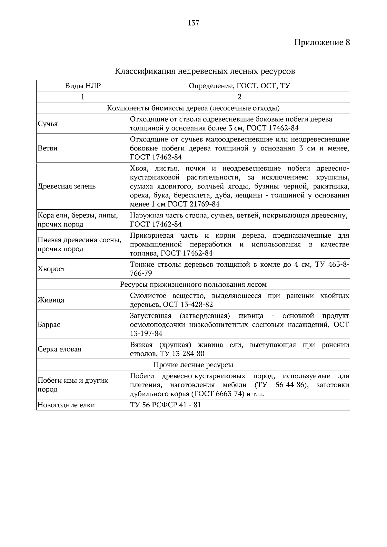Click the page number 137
(193, 23)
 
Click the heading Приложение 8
(322, 43)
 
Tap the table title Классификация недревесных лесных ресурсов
(205, 71)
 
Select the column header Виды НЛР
(83, 86)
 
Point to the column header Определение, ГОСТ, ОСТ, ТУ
(239, 86)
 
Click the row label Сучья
(48, 124)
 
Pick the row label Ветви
(47, 148)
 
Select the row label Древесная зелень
(67, 186)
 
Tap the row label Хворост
(52, 269)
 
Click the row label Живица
(51, 300)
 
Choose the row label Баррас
(49, 324)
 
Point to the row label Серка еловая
(59, 349)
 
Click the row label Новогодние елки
(66, 405)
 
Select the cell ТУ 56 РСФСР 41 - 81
(165, 405)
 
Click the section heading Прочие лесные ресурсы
(193, 365)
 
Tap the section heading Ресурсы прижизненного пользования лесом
(193, 284)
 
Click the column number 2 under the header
(239, 97)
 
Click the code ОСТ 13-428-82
(188, 304)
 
